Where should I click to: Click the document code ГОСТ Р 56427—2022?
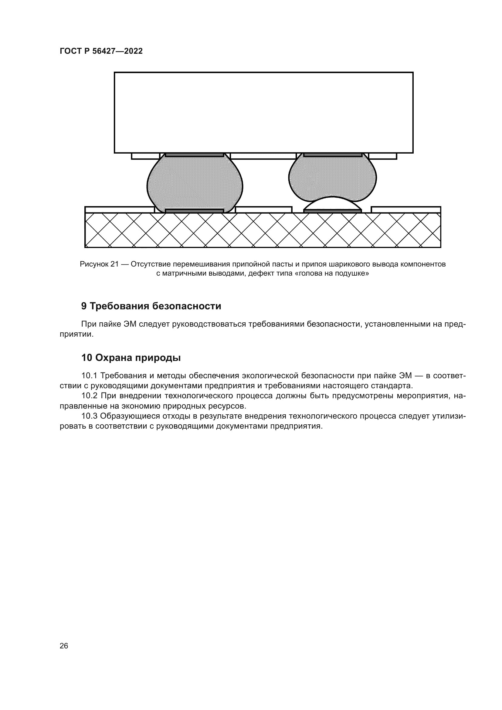[101, 51]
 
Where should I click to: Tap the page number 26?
[64, 646]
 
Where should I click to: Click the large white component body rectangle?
[263, 113]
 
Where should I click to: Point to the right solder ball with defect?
[332, 176]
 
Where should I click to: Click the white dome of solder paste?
[332, 204]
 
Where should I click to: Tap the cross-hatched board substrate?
[263, 230]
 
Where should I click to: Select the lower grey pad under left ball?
[195, 211]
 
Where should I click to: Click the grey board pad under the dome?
[333, 211]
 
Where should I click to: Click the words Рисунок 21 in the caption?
[99, 264]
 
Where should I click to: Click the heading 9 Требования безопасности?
[151, 306]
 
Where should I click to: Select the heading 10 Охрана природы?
[131, 358]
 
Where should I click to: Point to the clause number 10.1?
[89, 376]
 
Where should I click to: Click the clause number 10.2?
[90, 396]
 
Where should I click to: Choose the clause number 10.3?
[89, 416]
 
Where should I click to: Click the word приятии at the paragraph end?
[76, 334]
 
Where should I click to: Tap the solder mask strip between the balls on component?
[263, 156]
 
